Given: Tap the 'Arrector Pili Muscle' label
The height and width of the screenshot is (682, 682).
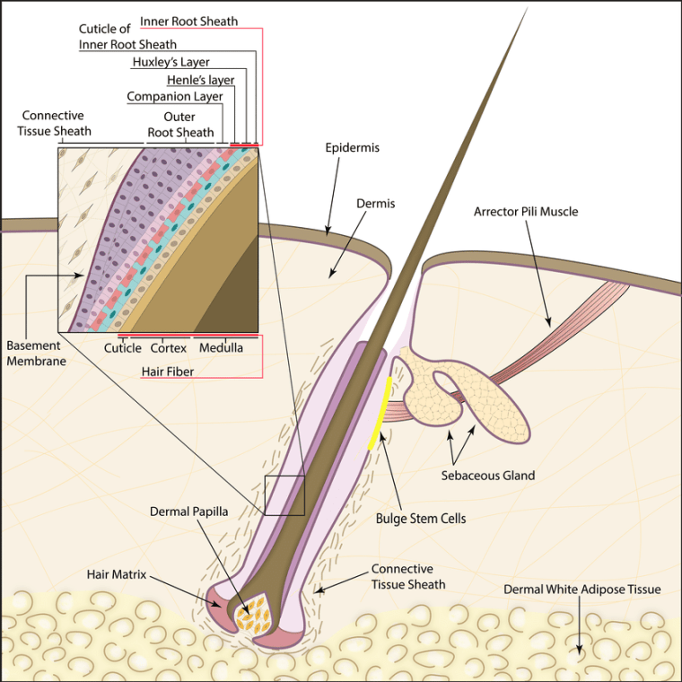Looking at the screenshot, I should [526, 212].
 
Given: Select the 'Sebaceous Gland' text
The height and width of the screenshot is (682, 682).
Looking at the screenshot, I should [487, 475].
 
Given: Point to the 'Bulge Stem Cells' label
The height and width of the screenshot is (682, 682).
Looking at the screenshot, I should [421, 519].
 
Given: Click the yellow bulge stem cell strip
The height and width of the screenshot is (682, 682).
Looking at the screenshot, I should [381, 413].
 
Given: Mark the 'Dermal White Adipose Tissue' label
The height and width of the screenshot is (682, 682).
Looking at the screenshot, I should [581, 590].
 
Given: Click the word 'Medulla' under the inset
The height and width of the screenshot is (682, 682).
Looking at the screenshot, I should [221, 347].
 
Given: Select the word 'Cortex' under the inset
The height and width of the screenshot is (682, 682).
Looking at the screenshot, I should [168, 347].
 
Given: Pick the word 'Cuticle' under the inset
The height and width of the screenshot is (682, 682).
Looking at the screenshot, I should [122, 347].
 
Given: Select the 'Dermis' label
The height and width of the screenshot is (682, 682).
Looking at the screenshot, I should [375, 204].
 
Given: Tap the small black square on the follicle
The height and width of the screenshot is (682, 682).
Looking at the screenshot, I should [284, 495].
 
